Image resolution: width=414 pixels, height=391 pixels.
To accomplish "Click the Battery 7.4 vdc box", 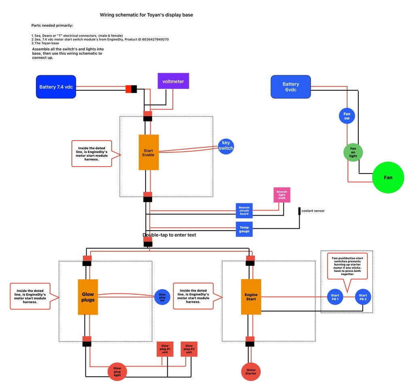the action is pos(56,87).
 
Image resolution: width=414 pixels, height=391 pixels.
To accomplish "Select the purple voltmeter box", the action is pos(173,81).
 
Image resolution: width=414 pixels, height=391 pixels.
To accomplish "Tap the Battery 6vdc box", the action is pos(291,87).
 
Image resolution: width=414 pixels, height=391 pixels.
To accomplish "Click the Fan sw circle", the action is pos(347,116).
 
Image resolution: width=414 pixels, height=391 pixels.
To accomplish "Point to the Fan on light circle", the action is pos(353,152).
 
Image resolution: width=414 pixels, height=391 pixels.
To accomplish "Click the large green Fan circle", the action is pos(388,177).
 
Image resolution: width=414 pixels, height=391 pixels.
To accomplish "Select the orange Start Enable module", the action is pos(149,152).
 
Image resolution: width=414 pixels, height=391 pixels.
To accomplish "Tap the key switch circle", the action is pos(226,147).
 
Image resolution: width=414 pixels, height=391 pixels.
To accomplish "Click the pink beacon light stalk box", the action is pos(282,195).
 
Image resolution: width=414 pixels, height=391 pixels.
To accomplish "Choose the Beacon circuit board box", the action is pos(244,211).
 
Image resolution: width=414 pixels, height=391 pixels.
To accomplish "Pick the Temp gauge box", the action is pos(244,229).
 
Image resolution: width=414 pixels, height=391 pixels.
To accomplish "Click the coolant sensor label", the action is pos(313,211).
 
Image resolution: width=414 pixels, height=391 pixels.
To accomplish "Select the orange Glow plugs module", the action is pos(88,297).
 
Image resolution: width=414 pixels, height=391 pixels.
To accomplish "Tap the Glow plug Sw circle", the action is pos(162,297).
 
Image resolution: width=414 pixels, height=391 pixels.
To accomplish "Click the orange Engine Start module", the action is pos(251,297).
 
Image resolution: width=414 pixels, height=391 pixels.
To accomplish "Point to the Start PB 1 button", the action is pos(335,297).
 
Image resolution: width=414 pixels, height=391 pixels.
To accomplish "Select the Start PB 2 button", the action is pos(363,297).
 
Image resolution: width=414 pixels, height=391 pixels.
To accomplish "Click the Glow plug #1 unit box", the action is pos(165,349).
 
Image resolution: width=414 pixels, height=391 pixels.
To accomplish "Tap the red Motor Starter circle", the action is pos(251,372).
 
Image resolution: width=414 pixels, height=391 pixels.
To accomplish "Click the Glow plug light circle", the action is pos(117,372).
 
